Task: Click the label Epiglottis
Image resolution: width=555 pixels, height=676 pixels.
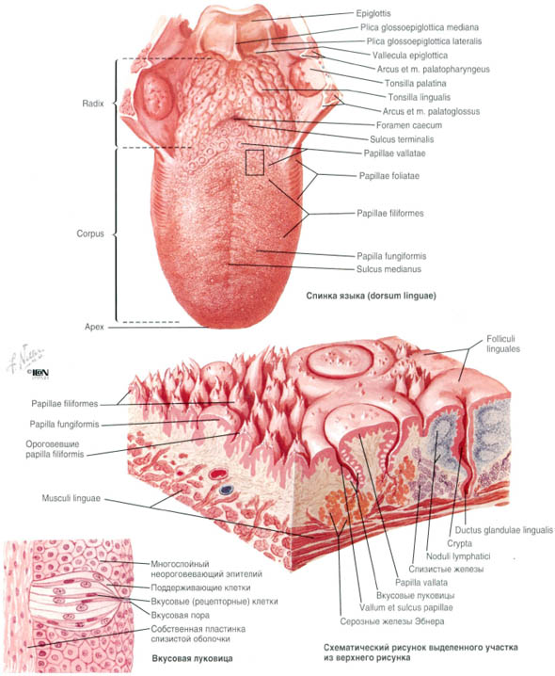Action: coord(373,13)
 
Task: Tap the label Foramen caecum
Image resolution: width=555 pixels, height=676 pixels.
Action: coord(409,125)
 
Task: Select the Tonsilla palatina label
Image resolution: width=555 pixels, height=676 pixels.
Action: coord(416,83)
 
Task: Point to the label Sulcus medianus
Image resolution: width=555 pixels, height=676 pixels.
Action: coord(388,269)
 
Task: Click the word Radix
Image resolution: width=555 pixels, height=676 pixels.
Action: coord(93,104)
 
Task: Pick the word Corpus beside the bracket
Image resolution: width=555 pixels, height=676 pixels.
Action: coord(90,233)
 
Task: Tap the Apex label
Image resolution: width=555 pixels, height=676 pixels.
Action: coord(94,327)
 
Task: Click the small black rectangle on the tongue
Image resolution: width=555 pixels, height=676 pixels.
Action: coord(255,162)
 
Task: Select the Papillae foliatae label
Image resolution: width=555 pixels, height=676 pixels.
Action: coord(389,176)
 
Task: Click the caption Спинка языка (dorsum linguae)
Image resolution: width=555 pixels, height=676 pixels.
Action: coord(371,296)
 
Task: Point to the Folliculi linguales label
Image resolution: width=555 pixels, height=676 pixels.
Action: coord(503,344)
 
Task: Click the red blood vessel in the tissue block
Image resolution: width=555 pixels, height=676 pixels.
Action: coord(218,475)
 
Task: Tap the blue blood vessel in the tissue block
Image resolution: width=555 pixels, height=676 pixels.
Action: coord(226,490)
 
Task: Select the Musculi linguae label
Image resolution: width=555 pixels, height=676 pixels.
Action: coord(71,498)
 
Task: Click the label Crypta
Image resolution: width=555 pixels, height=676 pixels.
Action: coord(459,543)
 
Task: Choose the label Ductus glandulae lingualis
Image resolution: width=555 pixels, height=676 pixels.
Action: coord(503,530)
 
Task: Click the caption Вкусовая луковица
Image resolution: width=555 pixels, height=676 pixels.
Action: coord(192,658)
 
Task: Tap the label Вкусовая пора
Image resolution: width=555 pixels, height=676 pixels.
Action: coord(180,615)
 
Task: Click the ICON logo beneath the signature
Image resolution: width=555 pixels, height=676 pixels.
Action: coord(40,373)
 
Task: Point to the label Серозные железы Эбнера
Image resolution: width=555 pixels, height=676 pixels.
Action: coord(392,621)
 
